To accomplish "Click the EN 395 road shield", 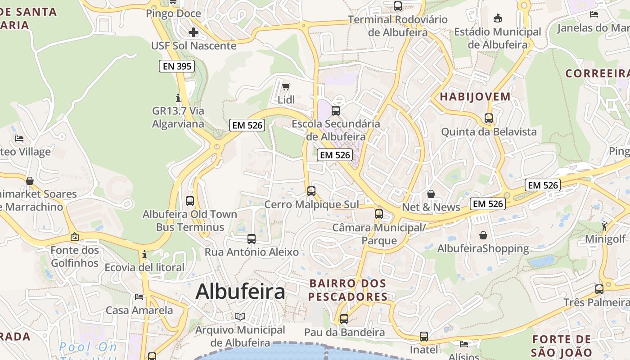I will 177,67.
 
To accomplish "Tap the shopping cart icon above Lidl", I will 286,86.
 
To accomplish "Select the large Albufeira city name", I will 240,292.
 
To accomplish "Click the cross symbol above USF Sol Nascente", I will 193,32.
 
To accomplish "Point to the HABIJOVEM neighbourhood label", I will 475,96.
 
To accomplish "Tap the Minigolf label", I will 605,238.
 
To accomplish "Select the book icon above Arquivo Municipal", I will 240,316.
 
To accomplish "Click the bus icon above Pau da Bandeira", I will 344,319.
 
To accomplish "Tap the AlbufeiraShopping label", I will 483,248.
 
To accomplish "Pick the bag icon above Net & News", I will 431,194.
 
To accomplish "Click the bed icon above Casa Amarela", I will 139,297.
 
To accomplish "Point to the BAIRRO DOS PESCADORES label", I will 348,290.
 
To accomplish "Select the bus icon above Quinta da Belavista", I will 489,118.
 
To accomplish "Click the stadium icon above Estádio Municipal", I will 498,19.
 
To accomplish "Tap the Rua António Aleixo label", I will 252,252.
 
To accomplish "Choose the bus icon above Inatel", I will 423,337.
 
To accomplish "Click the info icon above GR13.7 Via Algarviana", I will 178,98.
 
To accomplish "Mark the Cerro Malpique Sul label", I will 312,205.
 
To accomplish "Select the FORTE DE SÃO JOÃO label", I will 561,346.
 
